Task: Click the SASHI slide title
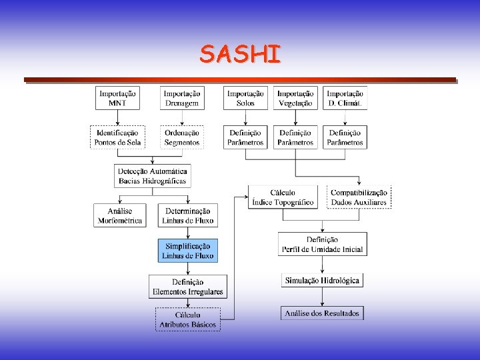(240, 54)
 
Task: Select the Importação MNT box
(117, 99)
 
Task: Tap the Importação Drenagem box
(182, 99)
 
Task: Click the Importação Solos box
(245, 99)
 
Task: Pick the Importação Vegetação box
(295, 99)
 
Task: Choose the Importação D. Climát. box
(345, 99)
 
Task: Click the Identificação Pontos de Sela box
(117, 137)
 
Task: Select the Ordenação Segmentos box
(182, 137)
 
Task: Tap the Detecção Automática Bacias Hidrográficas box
(153, 175)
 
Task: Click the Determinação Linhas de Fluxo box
(187, 215)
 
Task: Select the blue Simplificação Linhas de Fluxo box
(187, 251)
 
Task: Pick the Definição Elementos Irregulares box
(187, 287)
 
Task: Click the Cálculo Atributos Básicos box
(187, 319)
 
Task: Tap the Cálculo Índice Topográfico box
(283, 197)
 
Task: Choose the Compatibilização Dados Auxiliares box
(359, 197)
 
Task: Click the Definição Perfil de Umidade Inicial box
(322, 244)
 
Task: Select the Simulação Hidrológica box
(322, 281)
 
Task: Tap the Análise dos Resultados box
(322, 313)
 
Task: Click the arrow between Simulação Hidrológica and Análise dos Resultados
(322, 297)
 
